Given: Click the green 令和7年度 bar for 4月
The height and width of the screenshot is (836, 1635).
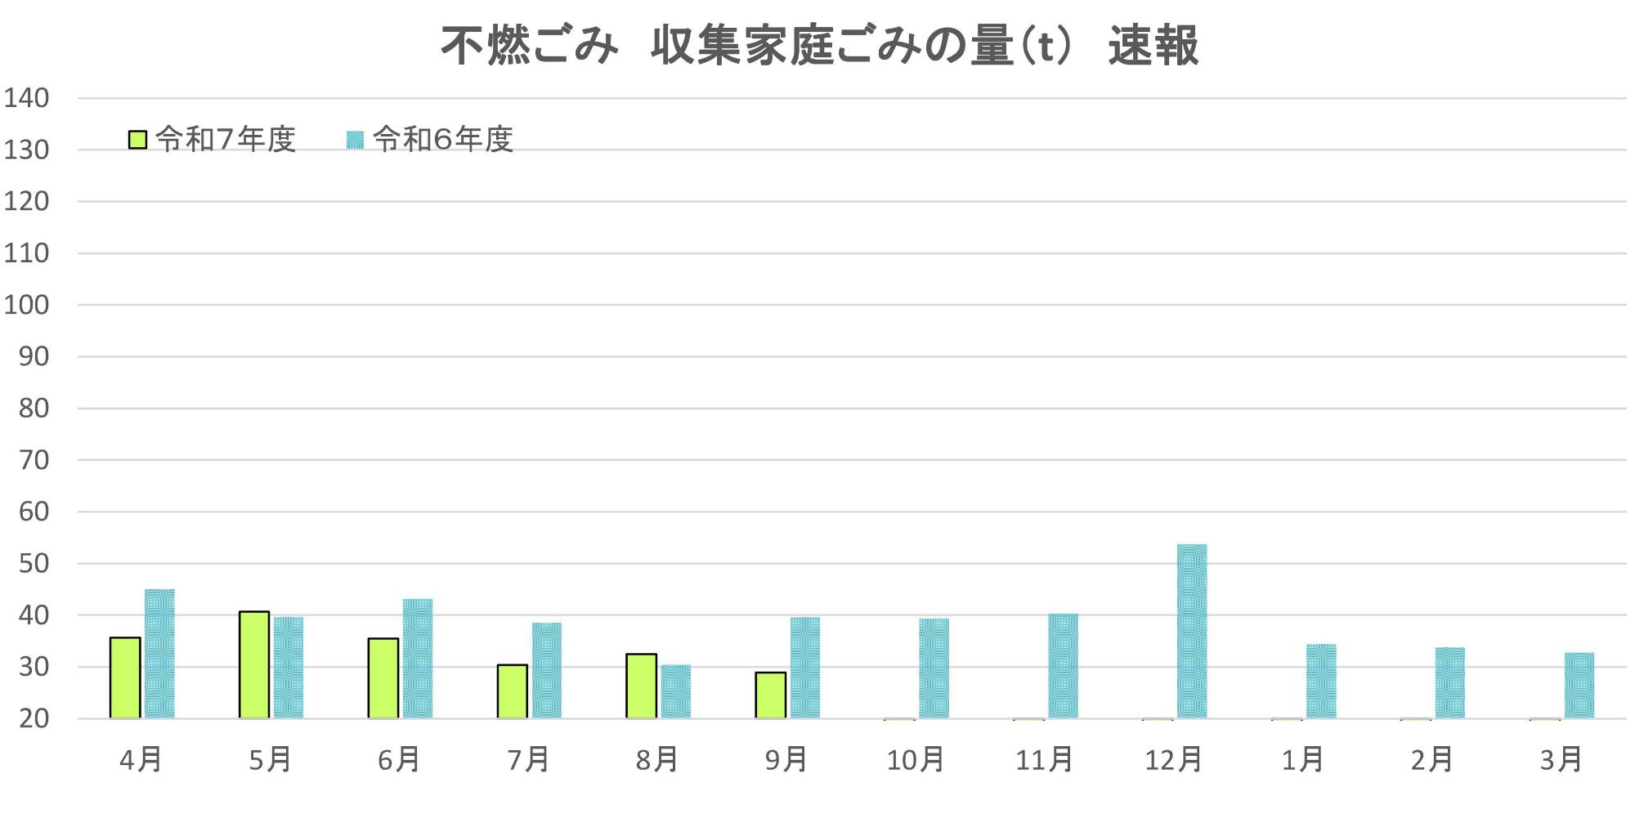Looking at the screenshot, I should (x=125, y=677).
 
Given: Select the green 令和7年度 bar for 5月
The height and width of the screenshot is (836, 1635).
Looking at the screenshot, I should (x=254, y=664).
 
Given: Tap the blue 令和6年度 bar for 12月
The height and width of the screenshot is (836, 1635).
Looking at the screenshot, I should (x=1192, y=631).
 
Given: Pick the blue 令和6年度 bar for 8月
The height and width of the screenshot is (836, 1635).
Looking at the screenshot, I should (x=676, y=691).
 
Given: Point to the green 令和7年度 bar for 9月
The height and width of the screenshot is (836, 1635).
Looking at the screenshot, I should (x=771, y=695).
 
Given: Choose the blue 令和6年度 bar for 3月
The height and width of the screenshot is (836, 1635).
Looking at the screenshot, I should (x=1579, y=685).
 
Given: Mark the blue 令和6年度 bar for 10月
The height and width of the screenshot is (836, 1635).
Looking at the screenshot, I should (x=934, y=668).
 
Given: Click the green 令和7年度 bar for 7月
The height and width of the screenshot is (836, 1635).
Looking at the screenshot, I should (x=513, y=691).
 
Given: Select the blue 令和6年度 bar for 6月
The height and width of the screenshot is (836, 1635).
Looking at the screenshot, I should (x=418, y=659).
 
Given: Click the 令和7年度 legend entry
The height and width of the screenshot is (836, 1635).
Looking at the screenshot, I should (x=212, y=140).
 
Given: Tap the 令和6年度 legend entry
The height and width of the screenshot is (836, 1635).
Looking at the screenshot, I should (x=430, y=140).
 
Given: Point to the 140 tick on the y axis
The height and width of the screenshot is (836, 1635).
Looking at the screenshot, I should (x=27, y=98).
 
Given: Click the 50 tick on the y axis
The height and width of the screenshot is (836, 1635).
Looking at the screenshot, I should (x=34, y=564).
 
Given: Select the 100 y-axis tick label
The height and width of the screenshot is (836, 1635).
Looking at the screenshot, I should (x=27, y=305).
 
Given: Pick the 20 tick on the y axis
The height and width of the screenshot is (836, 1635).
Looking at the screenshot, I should (x=34, y=719).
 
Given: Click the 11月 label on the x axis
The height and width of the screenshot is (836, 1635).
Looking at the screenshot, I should (x=1044, y=760).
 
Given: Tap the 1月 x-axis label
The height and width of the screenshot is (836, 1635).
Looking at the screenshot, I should (x=1302, y=760).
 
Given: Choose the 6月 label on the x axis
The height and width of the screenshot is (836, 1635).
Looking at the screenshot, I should (x=399, y=760).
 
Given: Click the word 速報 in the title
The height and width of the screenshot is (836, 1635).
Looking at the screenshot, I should (x=1153, y=45).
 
